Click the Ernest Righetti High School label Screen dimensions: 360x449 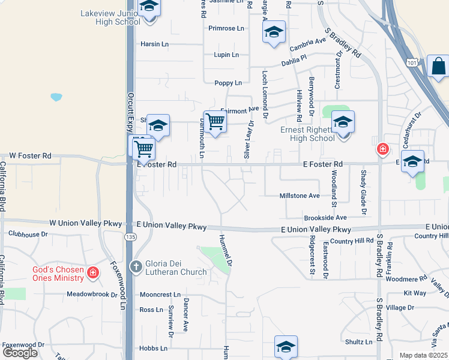click(x=308, y=134)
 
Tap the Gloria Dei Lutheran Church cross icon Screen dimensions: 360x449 click(x=136, y=266)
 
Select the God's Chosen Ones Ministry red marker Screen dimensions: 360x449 click(x=93, y=274)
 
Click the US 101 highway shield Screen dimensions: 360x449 click(x=411, y=62)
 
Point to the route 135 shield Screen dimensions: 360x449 click(x=130, y=237)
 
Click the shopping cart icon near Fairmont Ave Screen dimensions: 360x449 click(x=214, y=121)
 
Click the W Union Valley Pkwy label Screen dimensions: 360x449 click(x=86, y=223)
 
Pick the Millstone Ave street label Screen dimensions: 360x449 click(x=300, y=196)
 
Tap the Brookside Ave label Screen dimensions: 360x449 click(x=325, y=218)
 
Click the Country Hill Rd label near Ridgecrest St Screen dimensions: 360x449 click(x=352, y=241)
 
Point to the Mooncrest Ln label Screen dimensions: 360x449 click(x=160, y=295)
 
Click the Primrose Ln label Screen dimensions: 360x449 click(x=226, y=28)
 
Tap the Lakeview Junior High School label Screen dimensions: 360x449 click(x=110, y=17)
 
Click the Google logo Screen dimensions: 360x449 click(x=20, y=353)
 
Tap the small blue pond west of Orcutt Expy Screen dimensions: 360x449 click(x=56, y=97)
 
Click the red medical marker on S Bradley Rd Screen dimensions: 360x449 click(x=382, y=148)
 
